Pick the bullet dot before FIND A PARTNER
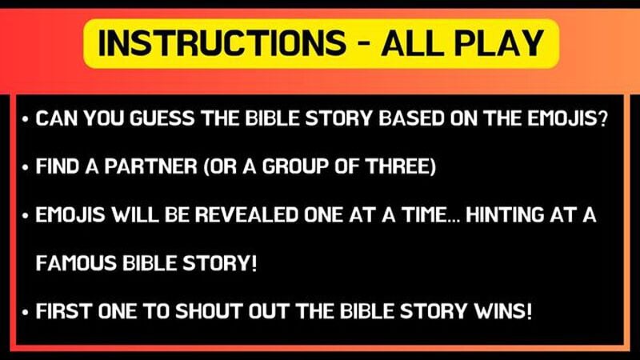coord(26,169)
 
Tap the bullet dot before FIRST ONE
coord(26,312)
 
